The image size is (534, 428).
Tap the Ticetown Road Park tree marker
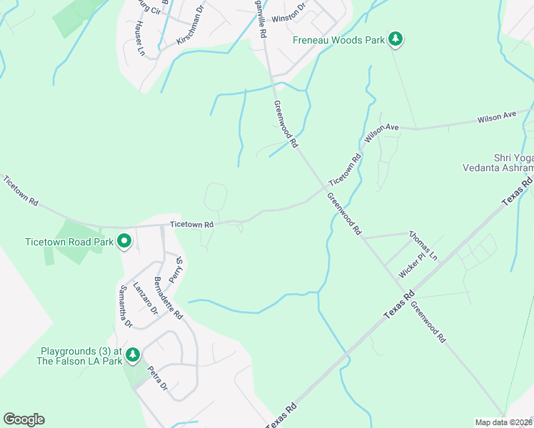point(124,242)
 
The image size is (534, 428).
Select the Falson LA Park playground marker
point(132,355)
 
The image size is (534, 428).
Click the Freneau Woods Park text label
point(338,40)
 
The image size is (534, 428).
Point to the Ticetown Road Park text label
point(69,242)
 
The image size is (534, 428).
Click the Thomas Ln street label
point(423,243)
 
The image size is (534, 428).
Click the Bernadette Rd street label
point(168,297)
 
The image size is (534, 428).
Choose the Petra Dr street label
point(157,378)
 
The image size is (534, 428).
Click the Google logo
point(24,419)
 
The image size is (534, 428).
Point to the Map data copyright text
point(502,422)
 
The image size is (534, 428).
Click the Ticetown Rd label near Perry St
point(191,225)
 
